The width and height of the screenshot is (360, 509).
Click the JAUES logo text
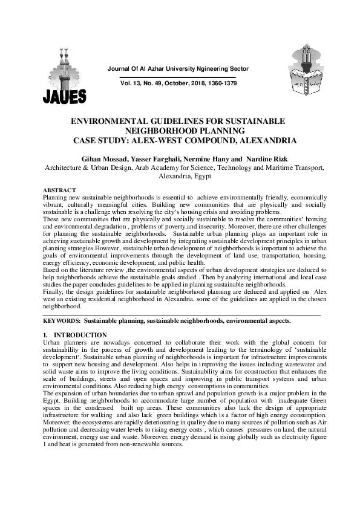(x=64, y=95)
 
